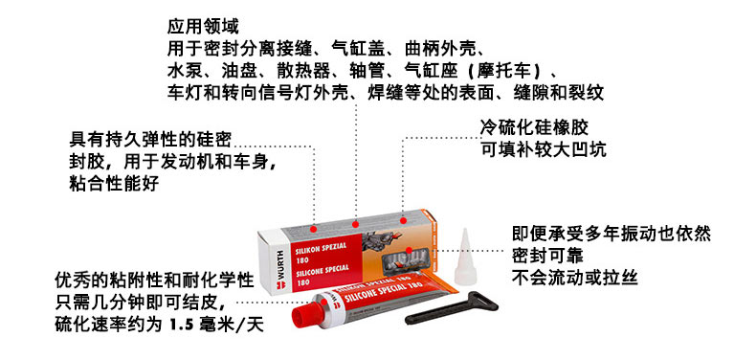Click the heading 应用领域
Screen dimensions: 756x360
click(203, 27)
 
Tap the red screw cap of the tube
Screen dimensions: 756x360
click(305, 316)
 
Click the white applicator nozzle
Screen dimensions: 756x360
click(465, 257)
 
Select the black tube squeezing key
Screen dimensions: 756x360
click(452, 308)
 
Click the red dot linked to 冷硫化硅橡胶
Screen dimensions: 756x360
click(403, 221)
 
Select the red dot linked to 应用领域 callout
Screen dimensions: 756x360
click(356, 224)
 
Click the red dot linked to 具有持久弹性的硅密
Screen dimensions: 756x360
click(314, 229)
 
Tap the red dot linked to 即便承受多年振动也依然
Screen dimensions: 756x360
click(410, 250)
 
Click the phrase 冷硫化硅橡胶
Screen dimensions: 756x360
click(535, 127)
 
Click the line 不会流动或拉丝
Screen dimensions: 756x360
click(575, 279)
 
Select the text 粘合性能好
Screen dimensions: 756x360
click(114, 184)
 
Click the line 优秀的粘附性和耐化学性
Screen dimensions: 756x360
click(154, 281)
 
